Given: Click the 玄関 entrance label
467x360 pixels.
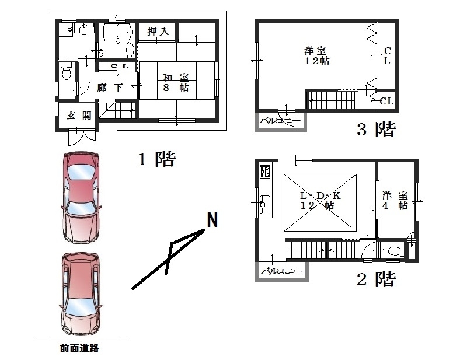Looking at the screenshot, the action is coord(79,116).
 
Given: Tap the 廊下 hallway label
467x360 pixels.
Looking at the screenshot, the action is coord(110,88).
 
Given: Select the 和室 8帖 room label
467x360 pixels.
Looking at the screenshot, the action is coord(176,83).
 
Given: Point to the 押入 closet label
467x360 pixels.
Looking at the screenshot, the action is coord(158,31).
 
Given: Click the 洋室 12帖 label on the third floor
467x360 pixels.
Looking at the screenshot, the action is coord(316,55).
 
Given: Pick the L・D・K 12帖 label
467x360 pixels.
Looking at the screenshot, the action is coord(319,200).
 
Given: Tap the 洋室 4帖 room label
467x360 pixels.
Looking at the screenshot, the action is coord(395,200).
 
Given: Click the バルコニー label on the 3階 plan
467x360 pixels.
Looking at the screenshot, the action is coord(280,121).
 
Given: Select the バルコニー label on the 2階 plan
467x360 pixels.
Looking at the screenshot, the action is coord(282,271).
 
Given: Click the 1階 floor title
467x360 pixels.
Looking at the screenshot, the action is coord(157,159).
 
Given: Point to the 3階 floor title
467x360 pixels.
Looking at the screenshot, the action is coord(376,129).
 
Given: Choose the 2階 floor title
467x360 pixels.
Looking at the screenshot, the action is coord(376,279).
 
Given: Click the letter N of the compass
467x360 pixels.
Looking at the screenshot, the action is coord(212,219).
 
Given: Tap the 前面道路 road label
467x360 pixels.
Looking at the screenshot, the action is coord(79,348).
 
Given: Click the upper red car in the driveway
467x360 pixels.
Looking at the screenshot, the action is coord(81,198).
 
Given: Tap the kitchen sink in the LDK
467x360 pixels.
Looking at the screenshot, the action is coord(264,204).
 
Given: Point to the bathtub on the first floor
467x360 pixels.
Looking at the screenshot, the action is coord(118,32).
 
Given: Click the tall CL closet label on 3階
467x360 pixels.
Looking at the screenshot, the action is coord(387,55).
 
